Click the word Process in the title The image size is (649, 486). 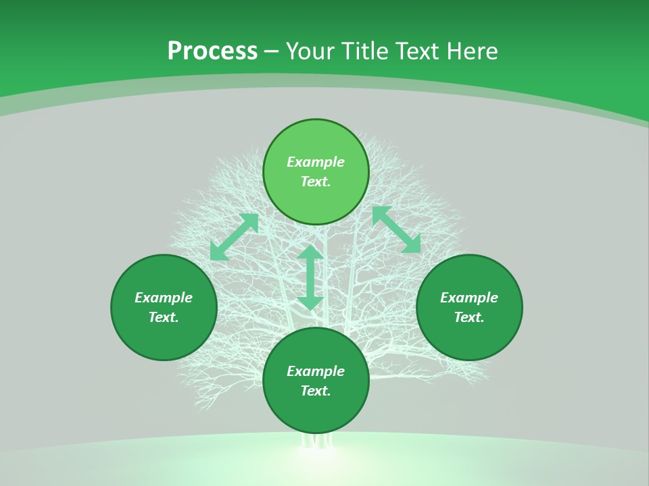(212, 51)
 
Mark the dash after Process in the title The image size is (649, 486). (271, 52)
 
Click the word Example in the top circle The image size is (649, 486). (316, 162)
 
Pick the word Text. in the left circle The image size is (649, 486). (164, 317)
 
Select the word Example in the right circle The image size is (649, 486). (469, 298)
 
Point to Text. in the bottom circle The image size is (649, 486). (316, 391)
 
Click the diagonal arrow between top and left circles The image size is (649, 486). (234, 237)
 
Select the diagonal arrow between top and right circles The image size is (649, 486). (396, 230)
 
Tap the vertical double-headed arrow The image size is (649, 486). (310, 277)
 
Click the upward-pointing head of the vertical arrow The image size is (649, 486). (310, 252)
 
